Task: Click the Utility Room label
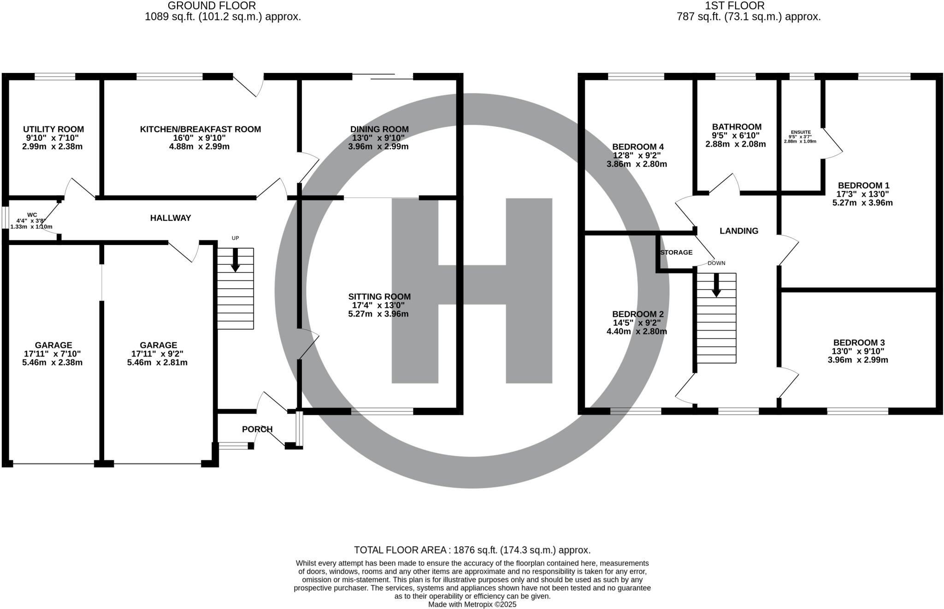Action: coord(53,129)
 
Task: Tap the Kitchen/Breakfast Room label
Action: coord(201,129)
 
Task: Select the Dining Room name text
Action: coord(379,129)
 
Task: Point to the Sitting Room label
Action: coord(379,297)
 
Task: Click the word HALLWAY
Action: coord(171,218)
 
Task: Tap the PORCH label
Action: coord(257,429)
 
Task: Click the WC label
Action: coord(32,215)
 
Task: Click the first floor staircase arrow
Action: coord(716,285)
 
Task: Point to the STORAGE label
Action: coord(676,252)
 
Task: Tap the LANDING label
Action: coord(739,231)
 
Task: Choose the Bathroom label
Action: coord(737,127)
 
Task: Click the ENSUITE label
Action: coord(801,132)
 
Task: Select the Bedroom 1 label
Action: coord(863,185)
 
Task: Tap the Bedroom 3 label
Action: coord(859,343)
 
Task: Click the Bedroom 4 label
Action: coord(637,147)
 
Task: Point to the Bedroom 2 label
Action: coord(637,314)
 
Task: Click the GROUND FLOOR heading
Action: coord(212,6)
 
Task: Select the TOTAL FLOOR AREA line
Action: coord(472,550)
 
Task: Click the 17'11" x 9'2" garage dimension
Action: coord(158,354)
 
